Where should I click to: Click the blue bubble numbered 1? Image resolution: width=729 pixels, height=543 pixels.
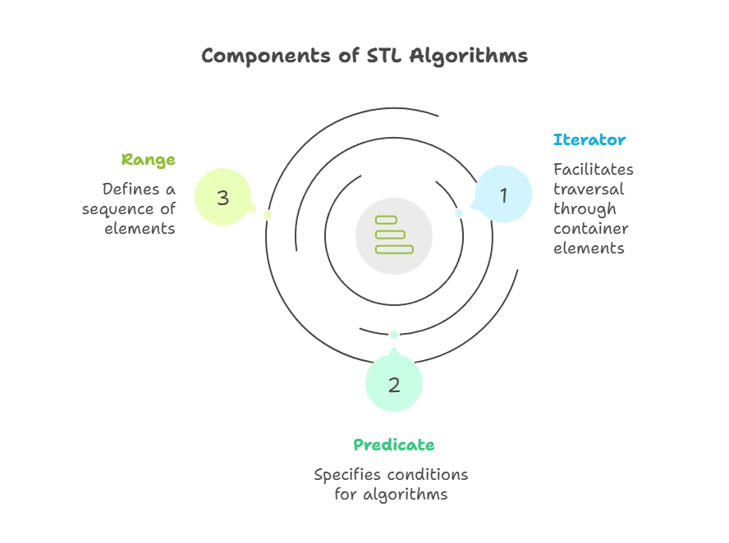(x=503, y=195)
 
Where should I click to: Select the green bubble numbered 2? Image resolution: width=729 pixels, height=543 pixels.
(x=394, y=384)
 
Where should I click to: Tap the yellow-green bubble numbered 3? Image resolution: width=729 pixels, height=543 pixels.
(x=222, y=197)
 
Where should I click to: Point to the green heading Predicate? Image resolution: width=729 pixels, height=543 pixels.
(x=394, y=445)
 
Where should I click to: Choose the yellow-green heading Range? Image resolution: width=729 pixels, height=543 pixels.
(x=149, y=160)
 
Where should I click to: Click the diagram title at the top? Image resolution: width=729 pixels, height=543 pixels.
(x=364, y=56)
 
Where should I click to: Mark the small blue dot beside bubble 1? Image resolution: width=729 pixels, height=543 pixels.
(x=460, y=214)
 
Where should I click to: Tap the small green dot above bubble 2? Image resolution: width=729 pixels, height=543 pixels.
(x=394, y=334)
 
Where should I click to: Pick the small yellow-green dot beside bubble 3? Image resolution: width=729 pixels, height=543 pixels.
(x=267, y=216)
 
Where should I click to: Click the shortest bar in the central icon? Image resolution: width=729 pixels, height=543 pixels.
(x=385, y=219)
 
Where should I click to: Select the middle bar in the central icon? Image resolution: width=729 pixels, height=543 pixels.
(x=390, y=234)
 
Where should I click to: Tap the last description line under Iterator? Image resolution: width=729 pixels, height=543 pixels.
(x=591, y=248)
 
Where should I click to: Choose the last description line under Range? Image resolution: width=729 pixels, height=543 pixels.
(x=137, y=229)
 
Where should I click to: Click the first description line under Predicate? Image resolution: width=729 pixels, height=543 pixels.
(x=391, y=475)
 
